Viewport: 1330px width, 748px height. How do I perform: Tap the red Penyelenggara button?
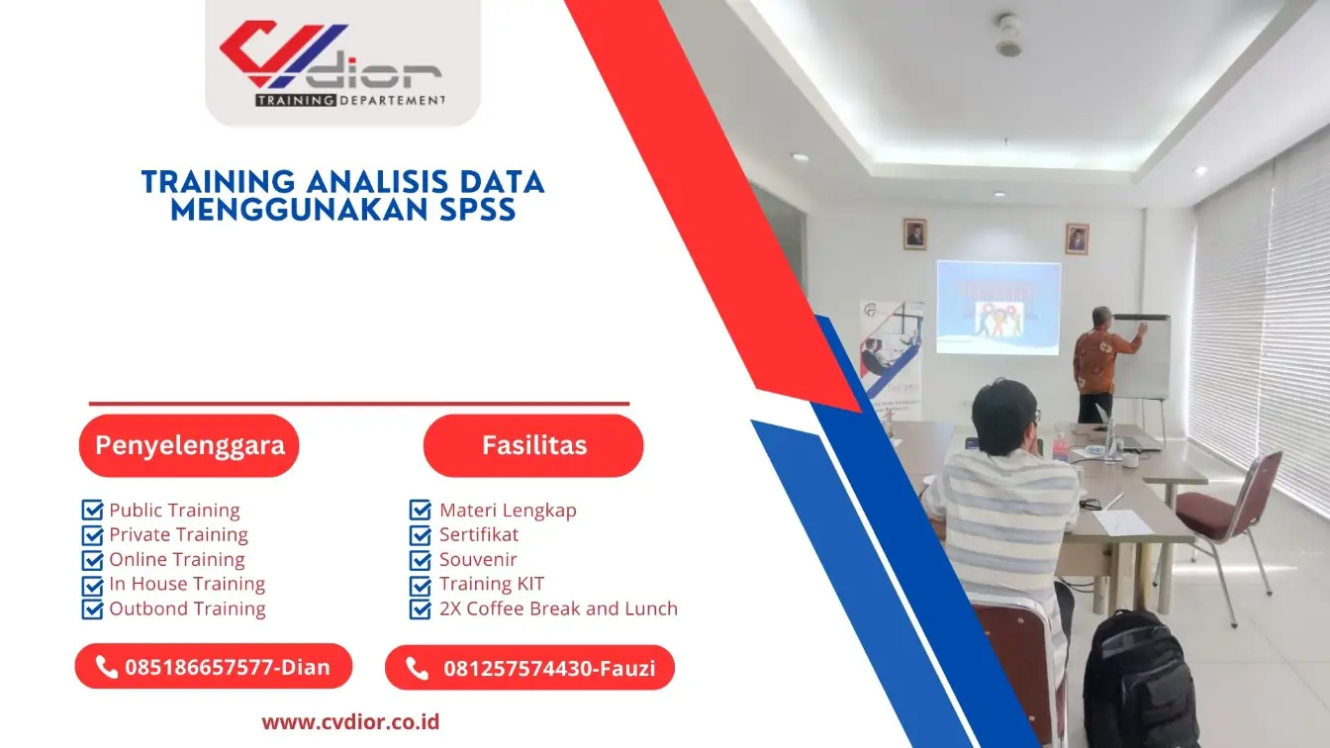click(189, 445)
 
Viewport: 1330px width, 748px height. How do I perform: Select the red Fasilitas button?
click(533, 445)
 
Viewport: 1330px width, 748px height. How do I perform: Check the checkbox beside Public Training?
click(92, 511)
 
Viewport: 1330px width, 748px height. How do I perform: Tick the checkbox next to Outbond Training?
click(92, 608)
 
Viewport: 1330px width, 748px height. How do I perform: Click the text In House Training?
click(187, 584)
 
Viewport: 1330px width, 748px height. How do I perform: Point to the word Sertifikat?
click(479, 534)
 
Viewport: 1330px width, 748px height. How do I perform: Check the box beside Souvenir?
click(421, 559)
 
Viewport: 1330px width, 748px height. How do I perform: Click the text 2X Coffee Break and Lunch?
click(558, 608)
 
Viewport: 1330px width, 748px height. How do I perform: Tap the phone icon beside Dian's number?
click(107, 667)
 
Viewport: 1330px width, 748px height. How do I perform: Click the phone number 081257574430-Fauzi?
click(548, 669)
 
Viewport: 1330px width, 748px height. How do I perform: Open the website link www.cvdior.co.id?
click(350, 721)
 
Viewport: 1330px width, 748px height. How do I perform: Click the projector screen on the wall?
click(997, 307)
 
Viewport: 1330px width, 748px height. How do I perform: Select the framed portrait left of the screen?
click(914, 234)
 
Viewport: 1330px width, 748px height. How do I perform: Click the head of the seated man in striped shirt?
click(1003, 416)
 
